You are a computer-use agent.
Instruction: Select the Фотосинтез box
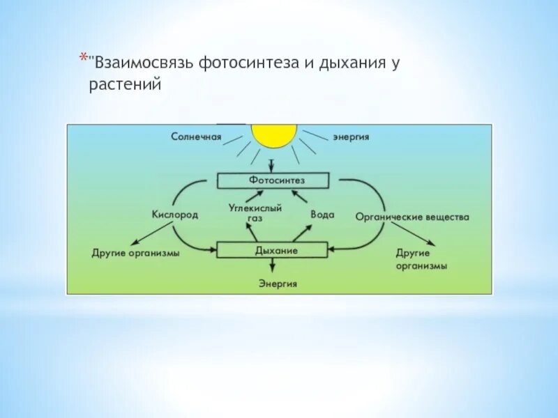272,180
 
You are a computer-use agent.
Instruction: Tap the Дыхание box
272,249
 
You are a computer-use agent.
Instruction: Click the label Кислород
175,215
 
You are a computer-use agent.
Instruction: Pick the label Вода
322,215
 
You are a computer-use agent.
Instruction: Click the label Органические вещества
412,217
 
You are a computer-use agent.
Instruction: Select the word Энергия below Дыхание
278,284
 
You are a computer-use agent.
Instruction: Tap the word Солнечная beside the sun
196,137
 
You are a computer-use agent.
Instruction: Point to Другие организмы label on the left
135,253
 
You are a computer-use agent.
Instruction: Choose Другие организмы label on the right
421,259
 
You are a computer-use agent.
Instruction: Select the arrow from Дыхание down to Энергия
273,266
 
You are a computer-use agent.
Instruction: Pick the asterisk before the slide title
82,57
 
